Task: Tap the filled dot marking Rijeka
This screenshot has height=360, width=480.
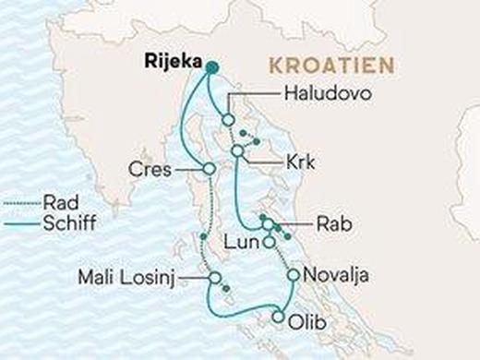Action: (x=211, y=66)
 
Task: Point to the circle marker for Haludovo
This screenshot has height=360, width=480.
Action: (x=227, y=120)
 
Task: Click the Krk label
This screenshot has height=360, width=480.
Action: (x=301, y=163)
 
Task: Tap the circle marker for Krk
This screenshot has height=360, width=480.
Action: (x=237, y=150)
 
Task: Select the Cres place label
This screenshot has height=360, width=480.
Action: (x=151, y=170)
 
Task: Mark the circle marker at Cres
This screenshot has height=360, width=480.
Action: (x=209, y=169)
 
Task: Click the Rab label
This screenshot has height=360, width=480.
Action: (x=330, y=222)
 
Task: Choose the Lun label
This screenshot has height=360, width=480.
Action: (x=238, y=243)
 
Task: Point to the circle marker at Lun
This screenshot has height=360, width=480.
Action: (x=269, y=243)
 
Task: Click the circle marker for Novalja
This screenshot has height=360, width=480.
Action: (x=293, y=275)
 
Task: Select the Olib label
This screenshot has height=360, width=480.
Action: (x=307, y=323)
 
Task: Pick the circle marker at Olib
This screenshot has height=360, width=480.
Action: (x=277, y=318)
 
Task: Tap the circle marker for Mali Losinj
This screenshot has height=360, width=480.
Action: (x=214, y=277)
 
